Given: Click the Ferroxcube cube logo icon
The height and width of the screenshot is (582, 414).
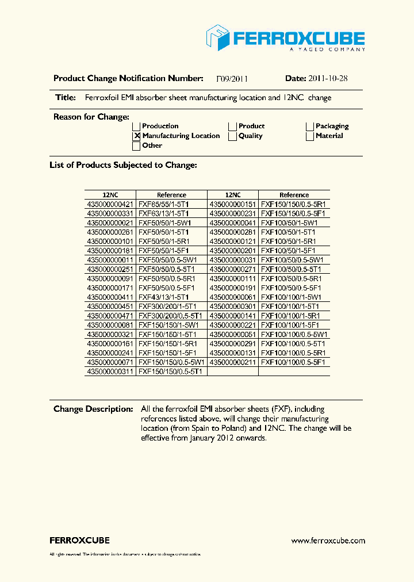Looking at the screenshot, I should tap(218, 38).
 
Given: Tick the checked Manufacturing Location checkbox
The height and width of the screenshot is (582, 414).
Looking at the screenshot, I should tap(137, 136).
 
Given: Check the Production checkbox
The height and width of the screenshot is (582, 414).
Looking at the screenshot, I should tap(137, 127).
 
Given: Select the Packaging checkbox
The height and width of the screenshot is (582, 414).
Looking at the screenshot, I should tap(310, 127).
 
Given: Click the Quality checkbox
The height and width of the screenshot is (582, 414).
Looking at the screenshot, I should tap(232, 136).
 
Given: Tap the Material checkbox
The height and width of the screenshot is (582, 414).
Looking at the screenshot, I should tap(310, 136).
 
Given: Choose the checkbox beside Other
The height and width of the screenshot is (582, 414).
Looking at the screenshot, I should tap(137, 146).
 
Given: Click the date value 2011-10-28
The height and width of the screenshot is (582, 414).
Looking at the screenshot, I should tap(327, 79).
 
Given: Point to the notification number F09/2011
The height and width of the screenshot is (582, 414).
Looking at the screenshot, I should tap(232, 79).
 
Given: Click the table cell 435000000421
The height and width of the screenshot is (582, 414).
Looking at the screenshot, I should tap(110, 204).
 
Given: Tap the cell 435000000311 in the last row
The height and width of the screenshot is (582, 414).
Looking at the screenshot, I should tap(110, 372).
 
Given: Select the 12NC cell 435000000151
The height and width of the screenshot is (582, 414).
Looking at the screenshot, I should tap(232, 204).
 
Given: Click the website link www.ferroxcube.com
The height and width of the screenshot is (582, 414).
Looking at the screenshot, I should tap(328, 541).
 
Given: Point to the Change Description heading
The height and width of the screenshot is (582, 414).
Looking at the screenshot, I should tap(93, 409).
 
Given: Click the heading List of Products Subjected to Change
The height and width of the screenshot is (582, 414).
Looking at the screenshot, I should tap(123, 165).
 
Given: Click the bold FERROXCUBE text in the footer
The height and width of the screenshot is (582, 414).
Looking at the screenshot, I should tap(79, 541).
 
